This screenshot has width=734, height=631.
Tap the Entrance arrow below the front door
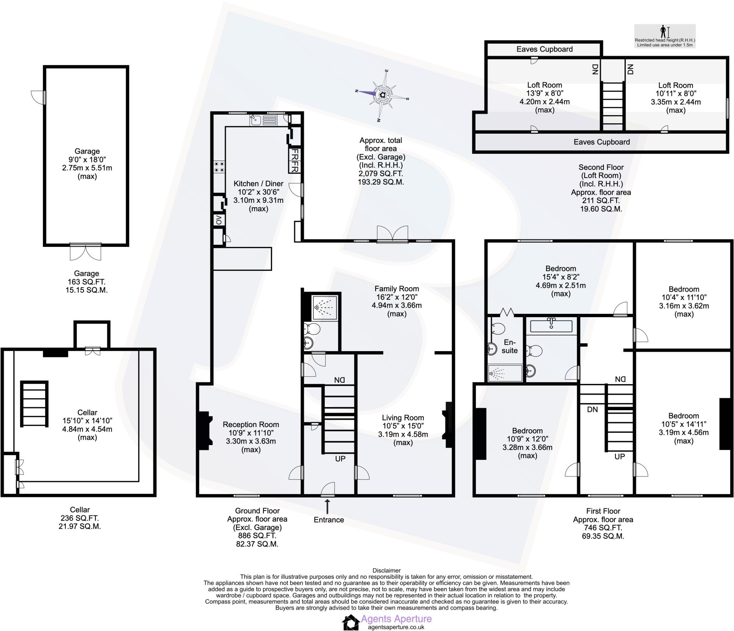click(x=327, y=507)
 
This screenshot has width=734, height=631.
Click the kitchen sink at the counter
click(x=255, y=120)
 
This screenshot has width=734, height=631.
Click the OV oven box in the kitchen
click(x=219, y=220)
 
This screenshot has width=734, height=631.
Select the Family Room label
click(x=396, y=289)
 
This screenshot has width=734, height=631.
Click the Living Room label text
click(x=403, y=418)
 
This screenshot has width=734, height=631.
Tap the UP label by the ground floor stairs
click(x=340, y=459)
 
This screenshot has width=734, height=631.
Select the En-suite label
click(x=509, y=346)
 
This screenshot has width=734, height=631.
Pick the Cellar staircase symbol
click(x=34, y=403)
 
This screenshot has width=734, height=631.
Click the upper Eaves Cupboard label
click(x=544, y=49)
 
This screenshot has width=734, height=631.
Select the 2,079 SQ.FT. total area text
click(x=381, y=173)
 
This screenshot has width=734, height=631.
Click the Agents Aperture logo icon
click(x=351, y=622)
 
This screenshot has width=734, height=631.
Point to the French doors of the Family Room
click(x=392, y=234)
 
